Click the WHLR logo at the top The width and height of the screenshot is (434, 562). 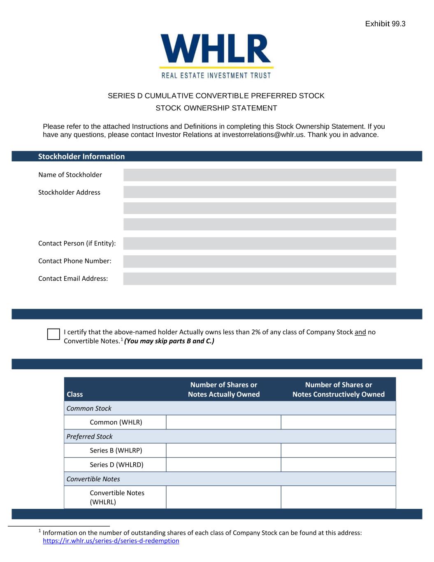coord(216,56)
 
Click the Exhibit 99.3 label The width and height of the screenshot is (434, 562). coord(385,24)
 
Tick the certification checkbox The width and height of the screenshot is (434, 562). coord(53,334)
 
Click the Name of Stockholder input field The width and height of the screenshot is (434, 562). coord(260,175)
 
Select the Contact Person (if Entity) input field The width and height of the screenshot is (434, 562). coord(260,243)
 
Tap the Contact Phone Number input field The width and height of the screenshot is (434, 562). coord(260,261)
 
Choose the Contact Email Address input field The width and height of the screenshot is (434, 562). coord(260,279)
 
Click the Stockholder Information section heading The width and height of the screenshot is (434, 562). coord(81,156)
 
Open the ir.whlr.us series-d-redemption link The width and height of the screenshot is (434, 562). coord(111,541)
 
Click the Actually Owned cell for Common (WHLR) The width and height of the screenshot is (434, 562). coord(223,422)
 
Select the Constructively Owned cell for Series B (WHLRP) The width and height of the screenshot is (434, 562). coord(338,450)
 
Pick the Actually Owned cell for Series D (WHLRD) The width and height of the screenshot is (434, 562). coord(223,465)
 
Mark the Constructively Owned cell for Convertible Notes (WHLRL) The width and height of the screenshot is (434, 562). coord(338,497)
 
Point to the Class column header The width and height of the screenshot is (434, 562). coord(75,394)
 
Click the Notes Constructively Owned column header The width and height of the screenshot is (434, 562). coord(338,390)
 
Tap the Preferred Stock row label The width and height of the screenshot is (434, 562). coord(90,436)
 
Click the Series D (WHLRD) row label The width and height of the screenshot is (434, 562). coord(116,465)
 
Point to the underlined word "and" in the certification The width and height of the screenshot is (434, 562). coord(360,332)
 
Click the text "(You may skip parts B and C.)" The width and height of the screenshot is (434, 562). coord(169,341)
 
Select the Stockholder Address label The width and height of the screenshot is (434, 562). coord(69,193)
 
